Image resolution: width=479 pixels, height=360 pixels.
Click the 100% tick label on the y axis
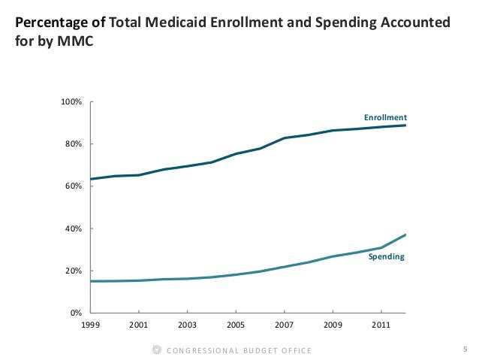(72, 101)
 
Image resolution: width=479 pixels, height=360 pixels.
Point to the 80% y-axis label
(74, 144)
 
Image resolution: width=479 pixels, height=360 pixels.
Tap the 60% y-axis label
(74, 186)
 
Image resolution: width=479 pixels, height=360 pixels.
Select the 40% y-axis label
(74, 228)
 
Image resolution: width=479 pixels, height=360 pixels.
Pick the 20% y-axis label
(74, 271)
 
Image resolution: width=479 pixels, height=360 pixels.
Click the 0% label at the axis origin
(76, 313)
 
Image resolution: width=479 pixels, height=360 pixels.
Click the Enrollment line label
(385, 118)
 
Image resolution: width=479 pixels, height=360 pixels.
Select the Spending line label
(386, 257)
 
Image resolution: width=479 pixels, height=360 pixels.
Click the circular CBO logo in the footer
(156, 349)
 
